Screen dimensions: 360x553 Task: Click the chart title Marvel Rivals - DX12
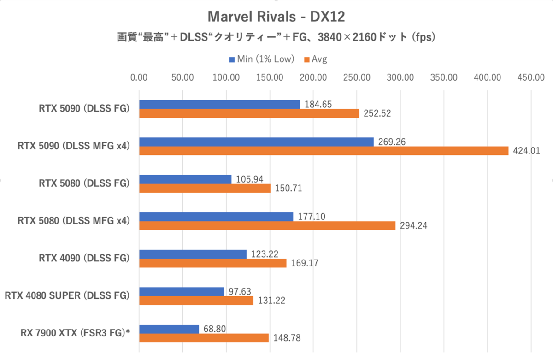coord(276,17)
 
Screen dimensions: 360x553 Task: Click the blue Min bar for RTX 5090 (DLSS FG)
coord(219,105)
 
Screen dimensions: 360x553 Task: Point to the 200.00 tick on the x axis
coord(313,77)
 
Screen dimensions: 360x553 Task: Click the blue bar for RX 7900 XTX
coord(169,329)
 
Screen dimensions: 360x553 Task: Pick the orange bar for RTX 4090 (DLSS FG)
coord(212,263)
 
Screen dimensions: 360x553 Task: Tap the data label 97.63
coord(238,291)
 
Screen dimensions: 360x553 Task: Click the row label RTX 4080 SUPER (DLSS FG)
coord(67,295)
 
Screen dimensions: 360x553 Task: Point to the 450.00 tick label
coord(530,77)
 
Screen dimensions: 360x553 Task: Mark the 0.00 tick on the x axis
coord(139,77)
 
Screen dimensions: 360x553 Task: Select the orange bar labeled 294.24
coord(267,226)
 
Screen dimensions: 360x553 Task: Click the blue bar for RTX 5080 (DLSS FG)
coord(185,179)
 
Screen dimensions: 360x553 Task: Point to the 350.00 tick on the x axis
coord(443,77)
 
